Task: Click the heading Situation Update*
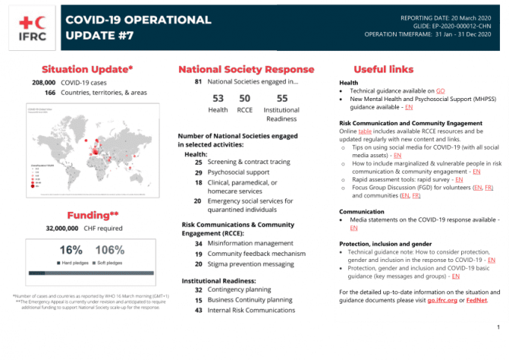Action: (x=88, y=70)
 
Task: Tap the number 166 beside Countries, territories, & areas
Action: (x=49, y=92)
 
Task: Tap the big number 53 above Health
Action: (x=219, y=98)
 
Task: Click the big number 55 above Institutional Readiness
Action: (x=282, y=98)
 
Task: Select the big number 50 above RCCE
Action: (x=245, y=98)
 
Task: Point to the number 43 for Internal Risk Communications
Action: (x=198, y=310)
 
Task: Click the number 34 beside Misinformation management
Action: (x=198, y=243)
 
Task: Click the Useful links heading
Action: (x=383, y=70)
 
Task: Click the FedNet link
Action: (x=477, y=300)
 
